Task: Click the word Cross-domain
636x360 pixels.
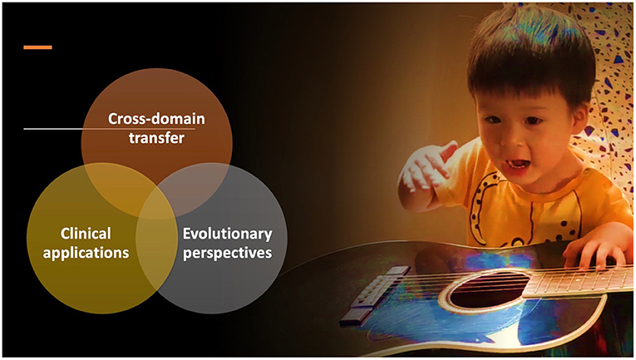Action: tap(156, 119)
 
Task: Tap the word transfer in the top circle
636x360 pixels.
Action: tap(156, 138)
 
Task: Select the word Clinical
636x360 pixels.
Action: tap(86, 234)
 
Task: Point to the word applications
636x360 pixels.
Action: tap(86, 253)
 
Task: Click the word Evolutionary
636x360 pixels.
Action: tap(228, 234)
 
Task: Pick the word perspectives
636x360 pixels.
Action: tap(228, 253)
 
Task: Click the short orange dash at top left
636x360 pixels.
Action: tap(37, 47)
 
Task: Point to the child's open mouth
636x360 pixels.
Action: tap(516, 165)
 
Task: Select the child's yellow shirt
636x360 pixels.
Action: tap(527, 203)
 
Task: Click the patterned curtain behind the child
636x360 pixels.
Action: tap(609, 81)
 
